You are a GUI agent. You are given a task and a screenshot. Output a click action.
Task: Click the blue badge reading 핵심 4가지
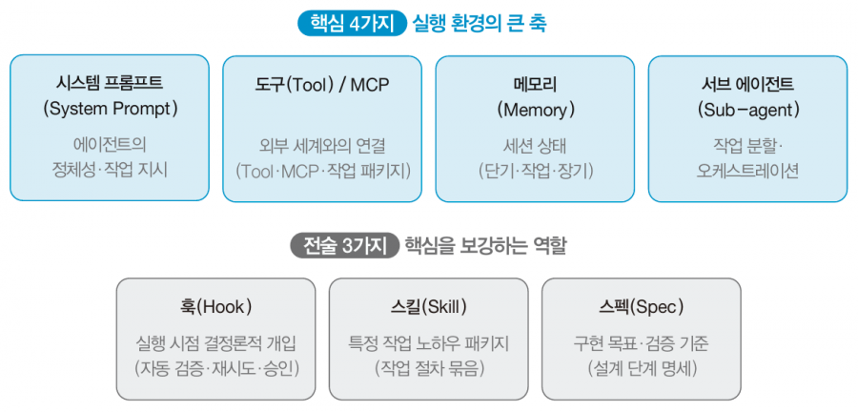point(351,25)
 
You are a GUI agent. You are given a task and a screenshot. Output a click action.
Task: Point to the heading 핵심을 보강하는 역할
point(485,246)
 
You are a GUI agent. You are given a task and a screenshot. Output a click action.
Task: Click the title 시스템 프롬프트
point(110,84)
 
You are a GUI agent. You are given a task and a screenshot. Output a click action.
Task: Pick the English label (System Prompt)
point(110,109)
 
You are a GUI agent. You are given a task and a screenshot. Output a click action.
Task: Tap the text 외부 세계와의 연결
point(322,146)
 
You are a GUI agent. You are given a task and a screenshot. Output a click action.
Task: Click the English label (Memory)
point(535,110)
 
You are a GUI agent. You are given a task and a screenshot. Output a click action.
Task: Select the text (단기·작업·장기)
point(535,171)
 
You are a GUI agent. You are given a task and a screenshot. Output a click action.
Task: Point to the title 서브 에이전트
point(747,84)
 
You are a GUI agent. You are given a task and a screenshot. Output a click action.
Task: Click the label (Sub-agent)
point(748,110)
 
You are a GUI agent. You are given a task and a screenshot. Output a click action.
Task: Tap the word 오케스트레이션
point(747,171)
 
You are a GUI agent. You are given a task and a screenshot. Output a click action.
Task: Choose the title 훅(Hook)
point(216,307)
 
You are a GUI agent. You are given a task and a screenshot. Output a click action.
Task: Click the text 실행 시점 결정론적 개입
point(216,343)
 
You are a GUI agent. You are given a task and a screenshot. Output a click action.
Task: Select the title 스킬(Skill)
point(428,307)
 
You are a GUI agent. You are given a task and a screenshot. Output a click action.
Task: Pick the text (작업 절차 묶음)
point(428,369)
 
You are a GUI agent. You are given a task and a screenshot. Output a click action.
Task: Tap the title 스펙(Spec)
point(642,307)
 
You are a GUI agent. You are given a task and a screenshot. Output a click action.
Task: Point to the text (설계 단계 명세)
point(642,369)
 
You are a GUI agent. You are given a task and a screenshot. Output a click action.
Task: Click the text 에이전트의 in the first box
point(110,146)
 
